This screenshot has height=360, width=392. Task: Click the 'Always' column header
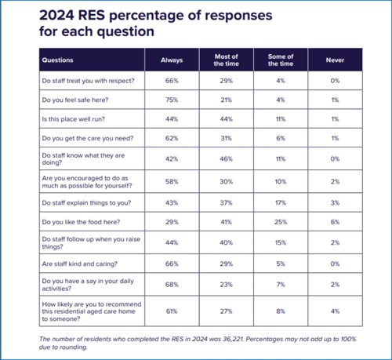pos(172,60)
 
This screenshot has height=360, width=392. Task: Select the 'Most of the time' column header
pos(227,60)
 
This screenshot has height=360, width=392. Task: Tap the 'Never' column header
pos(335,60)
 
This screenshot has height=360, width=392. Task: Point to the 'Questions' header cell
pos(57,60)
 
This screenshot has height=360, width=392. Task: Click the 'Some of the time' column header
pos(281,60)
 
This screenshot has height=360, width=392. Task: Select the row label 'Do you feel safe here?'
pos(75,100)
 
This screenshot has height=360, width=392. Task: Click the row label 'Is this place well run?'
pos(74,119)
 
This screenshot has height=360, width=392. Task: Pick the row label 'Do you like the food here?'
pos(81,222)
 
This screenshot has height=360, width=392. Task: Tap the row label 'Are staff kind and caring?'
pos(80,264)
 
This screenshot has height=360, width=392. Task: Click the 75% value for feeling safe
pos(172,100)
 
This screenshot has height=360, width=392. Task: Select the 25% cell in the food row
pos(281,222)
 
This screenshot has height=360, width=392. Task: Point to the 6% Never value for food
pos(335,222)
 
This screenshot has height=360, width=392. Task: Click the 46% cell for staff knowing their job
pos(227,159)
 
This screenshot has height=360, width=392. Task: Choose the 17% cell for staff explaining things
pos(281,203)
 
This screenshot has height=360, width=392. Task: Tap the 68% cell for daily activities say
pos(172,285)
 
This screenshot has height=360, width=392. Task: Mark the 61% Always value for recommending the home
pos(172,311)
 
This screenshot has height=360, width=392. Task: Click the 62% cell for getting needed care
pos(172,138)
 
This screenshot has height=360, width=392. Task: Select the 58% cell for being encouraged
pos(172,182)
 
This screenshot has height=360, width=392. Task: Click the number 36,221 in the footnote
pos(233,339)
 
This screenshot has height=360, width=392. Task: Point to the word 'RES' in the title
pos(92,15)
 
